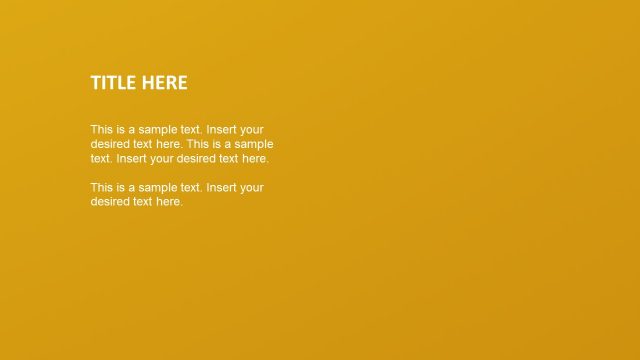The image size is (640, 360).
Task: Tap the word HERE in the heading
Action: pos(164,83)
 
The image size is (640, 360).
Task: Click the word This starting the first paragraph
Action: pos(102,130)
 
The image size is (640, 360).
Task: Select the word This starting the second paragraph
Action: pos(102,188)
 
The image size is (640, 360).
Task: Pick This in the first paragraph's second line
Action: pos(198,144)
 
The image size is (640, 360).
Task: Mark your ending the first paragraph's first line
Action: pos(253,130)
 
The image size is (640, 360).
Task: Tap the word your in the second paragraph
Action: pos(253,188)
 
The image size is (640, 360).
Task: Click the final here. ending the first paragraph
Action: pos(255,158)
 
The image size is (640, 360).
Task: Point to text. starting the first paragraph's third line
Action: pos(101,158)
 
